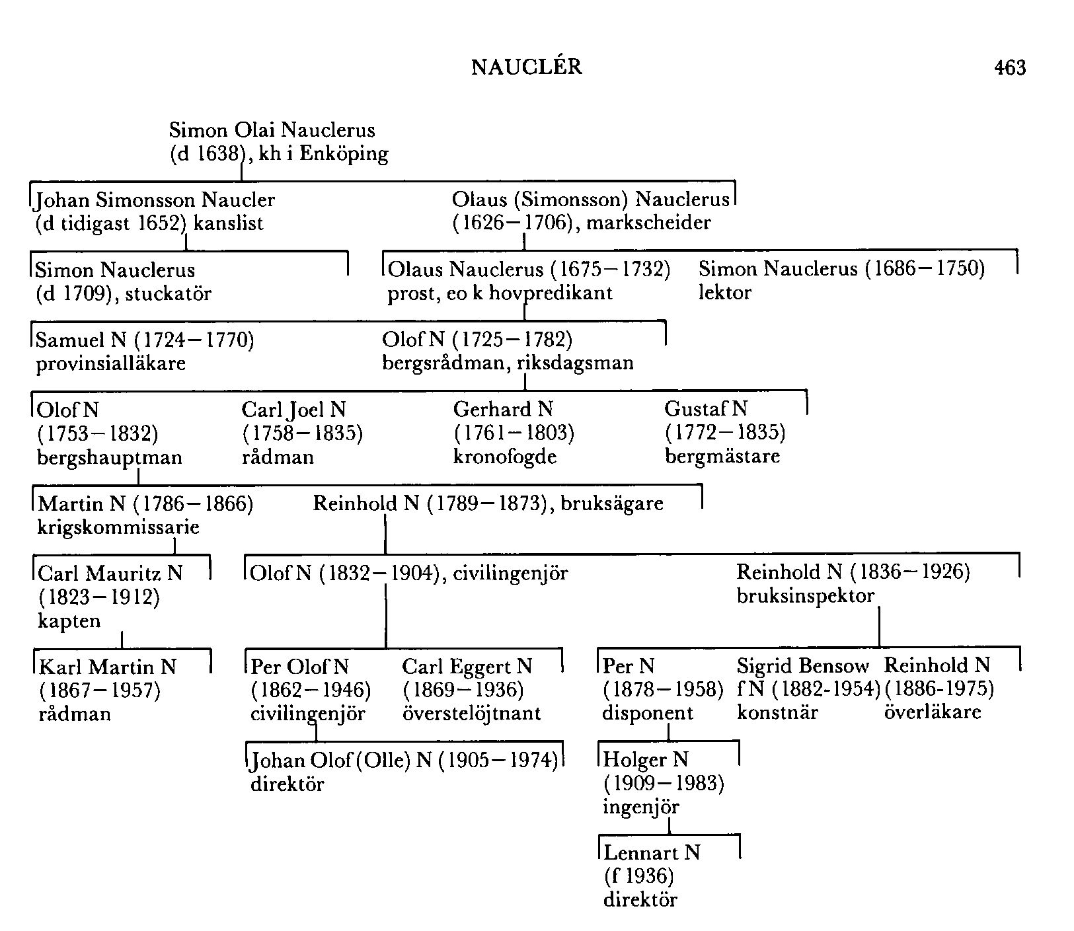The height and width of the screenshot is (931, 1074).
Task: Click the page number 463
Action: pyautogui.click(x=1010, y=67)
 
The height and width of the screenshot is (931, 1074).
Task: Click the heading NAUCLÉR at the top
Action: pyautogui.click(x=527, y=67)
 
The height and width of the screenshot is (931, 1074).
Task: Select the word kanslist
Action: pyautogui.click(x=228, y=223)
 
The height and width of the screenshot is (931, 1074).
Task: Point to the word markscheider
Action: pyautogui.click(x=648, y=223)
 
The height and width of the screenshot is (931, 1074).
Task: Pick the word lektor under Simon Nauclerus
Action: pyautogui.click(x=724, y=293)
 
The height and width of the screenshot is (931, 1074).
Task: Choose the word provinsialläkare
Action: pyautogui.click(x=110, y=363)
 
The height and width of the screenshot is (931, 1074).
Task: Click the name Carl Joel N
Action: pyautogui.click(x=293, y=410)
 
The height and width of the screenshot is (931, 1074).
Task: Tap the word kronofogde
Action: pyautogui.click(x=504, y=457)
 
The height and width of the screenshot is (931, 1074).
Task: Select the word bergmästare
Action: pyautogui.click(x=722, y=456)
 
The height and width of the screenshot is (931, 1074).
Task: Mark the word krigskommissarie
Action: pyautogui.click(x=119, y=527)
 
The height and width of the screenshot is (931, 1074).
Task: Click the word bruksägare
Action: pyautogui.click(x=611, y=503)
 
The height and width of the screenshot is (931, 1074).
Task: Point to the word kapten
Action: pyautogui.click(x=69, y=621)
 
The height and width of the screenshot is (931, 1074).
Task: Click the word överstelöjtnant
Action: pyautogui.click(x=471, y=714)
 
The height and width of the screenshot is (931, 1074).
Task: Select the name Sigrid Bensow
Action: pyautogui.click(x=802, y=666)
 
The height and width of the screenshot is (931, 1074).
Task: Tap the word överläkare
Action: pyautogui.click(x=932, y=712)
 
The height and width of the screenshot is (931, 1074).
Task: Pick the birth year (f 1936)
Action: pyautogui.click(x=638, y=876)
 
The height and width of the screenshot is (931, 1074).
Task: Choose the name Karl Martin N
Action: pyautogui.click(x=108, y=667)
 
